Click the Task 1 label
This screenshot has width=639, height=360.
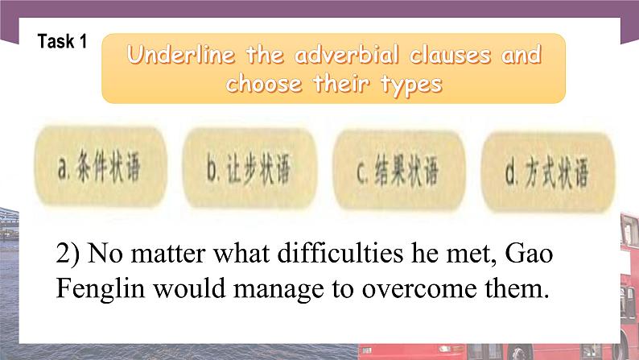62,42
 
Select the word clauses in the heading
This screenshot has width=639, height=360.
451,56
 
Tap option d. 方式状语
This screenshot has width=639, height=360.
546,172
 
